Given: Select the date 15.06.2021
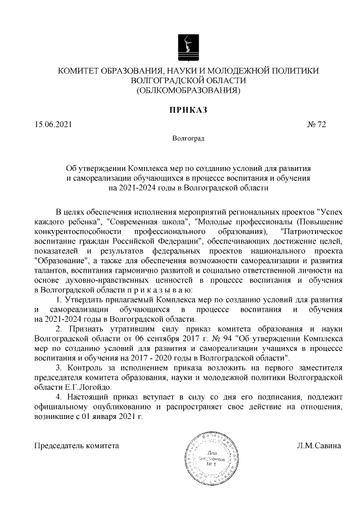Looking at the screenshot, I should coord(53,124).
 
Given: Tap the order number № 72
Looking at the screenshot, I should coord(317,124).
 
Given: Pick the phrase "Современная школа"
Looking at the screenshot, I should coord(147,222).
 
